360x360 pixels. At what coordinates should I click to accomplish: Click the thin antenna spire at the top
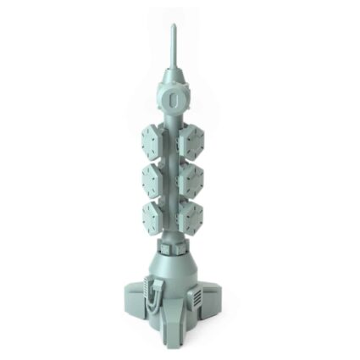click(x=173, y=42)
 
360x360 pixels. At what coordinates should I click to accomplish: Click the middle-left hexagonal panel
click(x=153, y=178)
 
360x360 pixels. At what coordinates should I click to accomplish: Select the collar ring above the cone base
click(x=174, y=246)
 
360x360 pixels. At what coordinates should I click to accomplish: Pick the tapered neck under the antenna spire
click(x=173, y=71)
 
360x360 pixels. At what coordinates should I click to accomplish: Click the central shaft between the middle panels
click(x=174, y=179)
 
